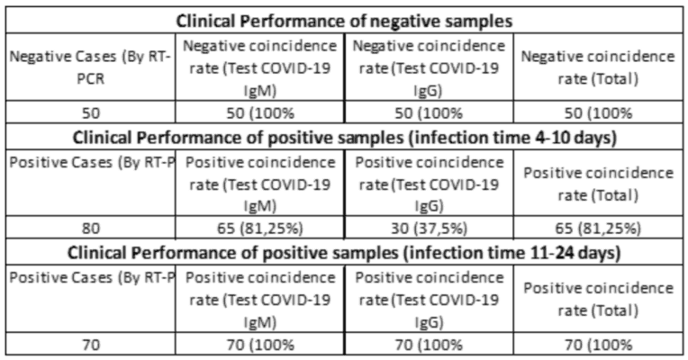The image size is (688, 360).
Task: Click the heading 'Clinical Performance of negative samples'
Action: click(x=344, y=20)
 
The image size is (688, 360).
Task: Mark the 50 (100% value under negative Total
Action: click(x=598, y=113)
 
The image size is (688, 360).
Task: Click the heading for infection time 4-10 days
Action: click(x=344, y=137)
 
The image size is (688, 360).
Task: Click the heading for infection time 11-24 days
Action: click(x=344, y=252)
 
